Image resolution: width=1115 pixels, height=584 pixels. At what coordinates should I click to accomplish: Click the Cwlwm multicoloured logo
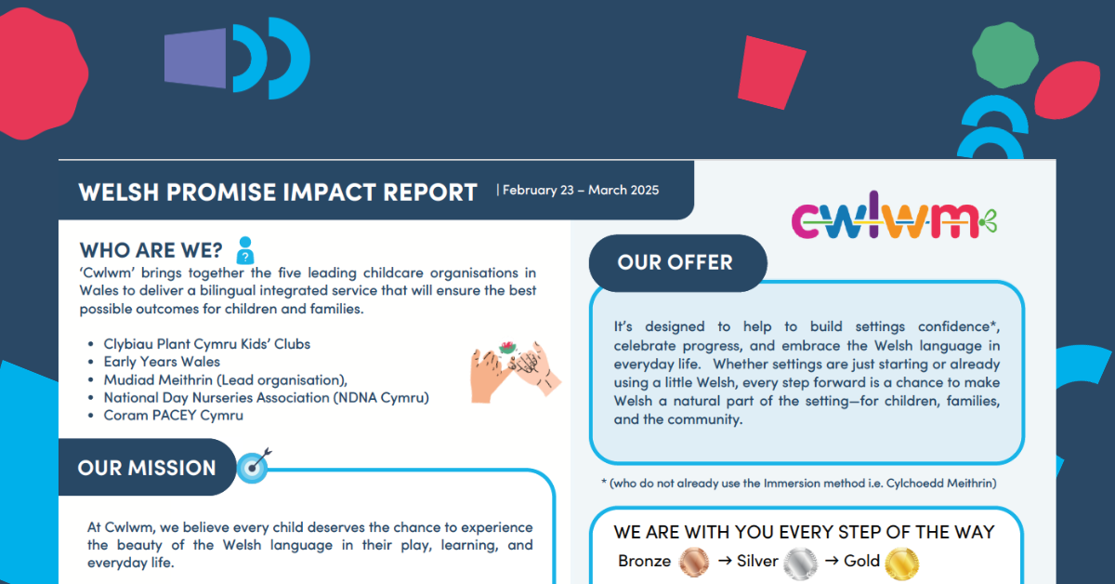pyautogui.click(x=894, y=216)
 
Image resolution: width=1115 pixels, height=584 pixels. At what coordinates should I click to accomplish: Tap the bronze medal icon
pyautogui.click(x=693, y=563)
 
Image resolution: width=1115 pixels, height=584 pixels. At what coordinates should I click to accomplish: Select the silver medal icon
pyautogui.click(x=800, y=563)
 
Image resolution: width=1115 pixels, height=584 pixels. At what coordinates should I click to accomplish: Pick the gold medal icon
pyautogui.click(x=901, y=563)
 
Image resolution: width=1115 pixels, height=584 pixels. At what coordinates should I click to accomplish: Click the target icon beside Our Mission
pyautogui.click(x=254, y=466)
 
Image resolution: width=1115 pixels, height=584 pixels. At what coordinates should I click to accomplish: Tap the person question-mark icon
pyautogui.click(x=245, y=250)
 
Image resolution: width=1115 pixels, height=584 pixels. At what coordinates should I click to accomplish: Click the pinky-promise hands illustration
pyautogui.click(x=515, y=371)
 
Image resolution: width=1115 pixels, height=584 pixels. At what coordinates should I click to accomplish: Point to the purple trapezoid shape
pyautogui.click(x=194, y=59)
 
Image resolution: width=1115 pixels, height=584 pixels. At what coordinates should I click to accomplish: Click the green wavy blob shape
pyautogui.click(x=1005, y=55)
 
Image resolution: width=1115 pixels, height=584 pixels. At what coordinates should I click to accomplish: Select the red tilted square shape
pyautogui.click(x=771, y=73)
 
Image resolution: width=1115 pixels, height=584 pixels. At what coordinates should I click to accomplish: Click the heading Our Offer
pyautogui.click(x=675, y=262)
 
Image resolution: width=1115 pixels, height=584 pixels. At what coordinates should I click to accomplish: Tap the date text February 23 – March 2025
pyautogui.click(x=581, y=191)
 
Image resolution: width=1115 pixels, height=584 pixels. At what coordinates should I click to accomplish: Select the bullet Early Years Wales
pyautogui.click(x=162, y=362)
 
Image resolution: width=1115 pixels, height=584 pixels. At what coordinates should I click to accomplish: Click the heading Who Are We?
pyautogui.click(x=151, y=251)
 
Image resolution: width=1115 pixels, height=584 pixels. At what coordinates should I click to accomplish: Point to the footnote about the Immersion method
pyautogui.click(x=799, y=484)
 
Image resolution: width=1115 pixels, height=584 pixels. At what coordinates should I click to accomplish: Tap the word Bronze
pyautogui.click(x=644, y=561)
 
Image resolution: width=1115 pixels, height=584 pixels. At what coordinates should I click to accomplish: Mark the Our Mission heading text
pyautogui.click(x=147, y=468)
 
